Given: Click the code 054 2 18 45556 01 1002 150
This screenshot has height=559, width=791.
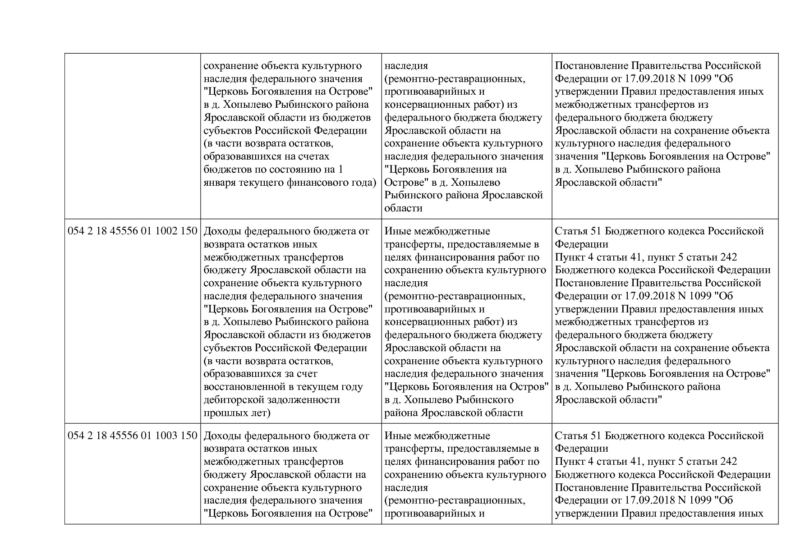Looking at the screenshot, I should point(132,231).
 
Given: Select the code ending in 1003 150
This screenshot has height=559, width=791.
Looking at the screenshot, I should point(132,436).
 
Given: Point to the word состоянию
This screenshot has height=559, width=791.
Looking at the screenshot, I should point(295,170).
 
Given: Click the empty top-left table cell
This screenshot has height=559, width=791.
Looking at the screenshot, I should point(132,135).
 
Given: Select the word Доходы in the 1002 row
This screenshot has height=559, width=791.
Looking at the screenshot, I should point(222,231).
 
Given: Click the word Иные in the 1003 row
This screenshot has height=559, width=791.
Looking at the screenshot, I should point(395,436).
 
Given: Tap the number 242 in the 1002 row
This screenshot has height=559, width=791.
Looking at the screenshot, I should point(729,257).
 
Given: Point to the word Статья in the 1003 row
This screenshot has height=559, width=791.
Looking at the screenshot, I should point(570,436).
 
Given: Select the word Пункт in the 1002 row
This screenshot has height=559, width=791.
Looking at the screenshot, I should point(570,257).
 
